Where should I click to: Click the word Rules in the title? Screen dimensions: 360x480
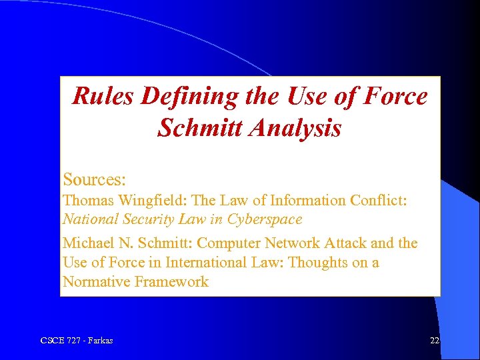101,97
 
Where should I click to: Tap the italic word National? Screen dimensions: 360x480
89,219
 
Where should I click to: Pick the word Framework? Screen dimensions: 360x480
171,282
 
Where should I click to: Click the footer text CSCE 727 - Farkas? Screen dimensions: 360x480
77,341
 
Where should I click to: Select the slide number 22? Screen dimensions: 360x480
434,341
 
